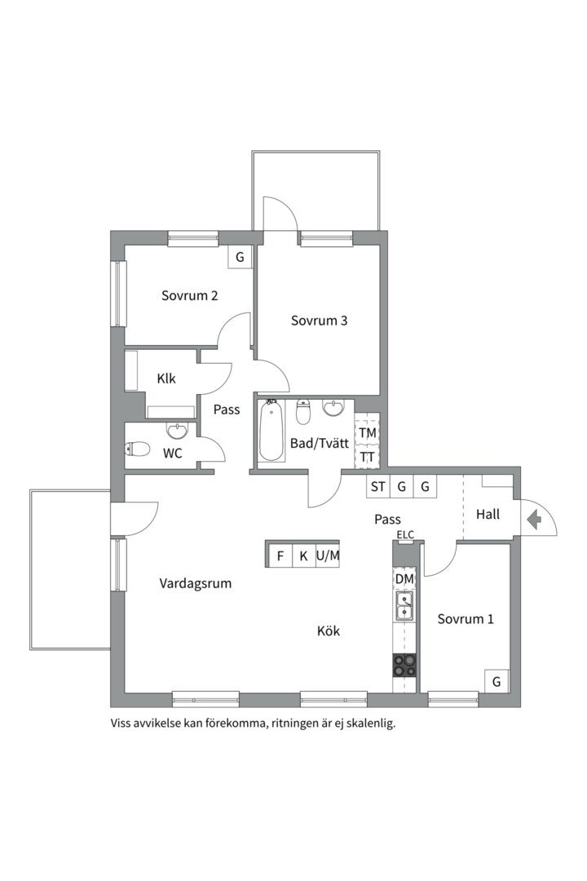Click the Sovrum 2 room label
(189, 295)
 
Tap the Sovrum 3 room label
(319, 321)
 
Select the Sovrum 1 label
(466, 618)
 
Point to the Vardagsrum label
(196, 583)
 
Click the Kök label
(329, 631)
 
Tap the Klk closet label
(166, 379)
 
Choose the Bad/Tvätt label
(320, 443)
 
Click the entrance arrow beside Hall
(534, 519)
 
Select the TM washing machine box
(368, 432)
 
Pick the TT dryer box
(368, 456)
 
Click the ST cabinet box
(378, 486)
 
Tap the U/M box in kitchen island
(328, 556)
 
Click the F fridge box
(280, 556)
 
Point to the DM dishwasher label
(404, 578)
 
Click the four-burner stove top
(404, 666)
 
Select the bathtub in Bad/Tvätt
(271, 430)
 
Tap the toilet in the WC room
(138, 449)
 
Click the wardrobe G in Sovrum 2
(240, 257)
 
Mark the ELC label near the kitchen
(405, 534)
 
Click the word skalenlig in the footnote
(371, 723)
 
